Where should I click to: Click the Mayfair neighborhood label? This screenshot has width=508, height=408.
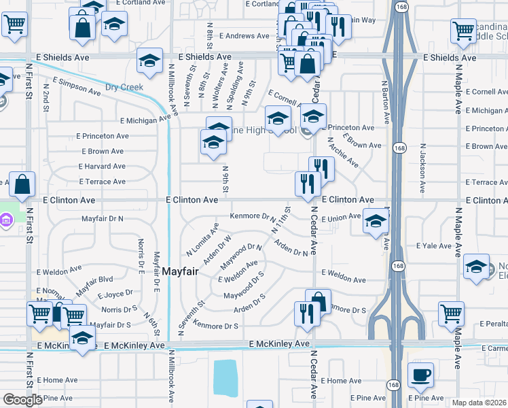click(x=180, y=271)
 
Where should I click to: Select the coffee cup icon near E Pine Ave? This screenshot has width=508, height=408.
click(x=420, y=375)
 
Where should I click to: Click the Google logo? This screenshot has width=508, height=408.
click(x=22, y=400)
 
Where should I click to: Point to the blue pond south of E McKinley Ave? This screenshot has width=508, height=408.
click(x=225, y=378)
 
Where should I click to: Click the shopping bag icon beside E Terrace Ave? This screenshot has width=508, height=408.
click(x=22, y=184)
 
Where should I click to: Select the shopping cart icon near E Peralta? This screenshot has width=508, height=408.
click(x=451, y=313)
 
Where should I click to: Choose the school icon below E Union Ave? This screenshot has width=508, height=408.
click(x=375, y=222)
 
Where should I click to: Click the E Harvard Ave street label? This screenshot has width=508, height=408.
click(x=102, y=167)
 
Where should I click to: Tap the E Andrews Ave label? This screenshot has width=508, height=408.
click(x=238, y=36)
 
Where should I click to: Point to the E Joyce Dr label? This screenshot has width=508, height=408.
click(x=115, y=295)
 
